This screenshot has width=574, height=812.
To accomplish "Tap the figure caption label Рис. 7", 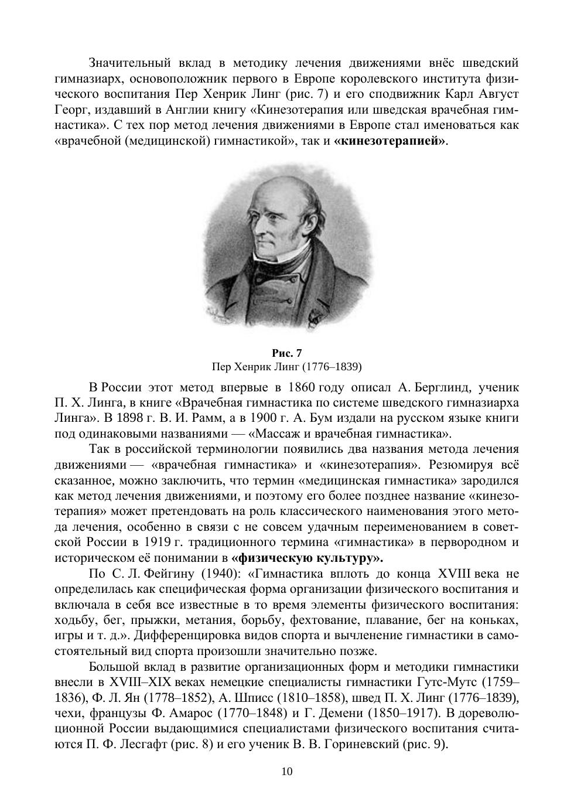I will (286, 353).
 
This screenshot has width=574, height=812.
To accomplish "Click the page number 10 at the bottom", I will (287, 771).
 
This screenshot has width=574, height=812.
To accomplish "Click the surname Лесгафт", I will (145, 745).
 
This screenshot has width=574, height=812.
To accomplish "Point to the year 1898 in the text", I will (124, 418).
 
